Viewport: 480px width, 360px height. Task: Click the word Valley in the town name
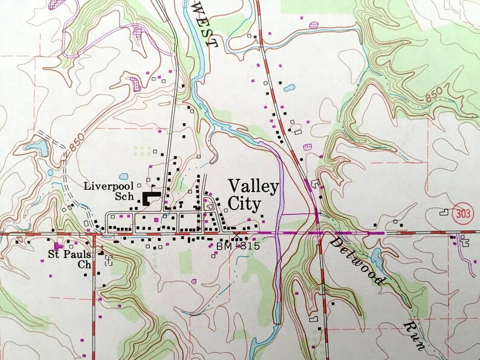[x=253, y=185]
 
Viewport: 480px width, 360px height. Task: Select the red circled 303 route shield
[x=465, y=214]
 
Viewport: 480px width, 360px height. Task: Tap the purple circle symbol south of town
[x=193, y=280]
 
